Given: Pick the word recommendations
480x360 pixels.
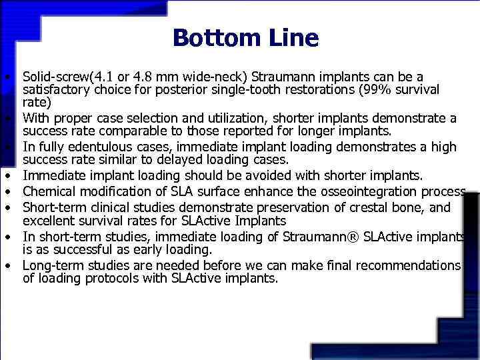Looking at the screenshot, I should point(410,265).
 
